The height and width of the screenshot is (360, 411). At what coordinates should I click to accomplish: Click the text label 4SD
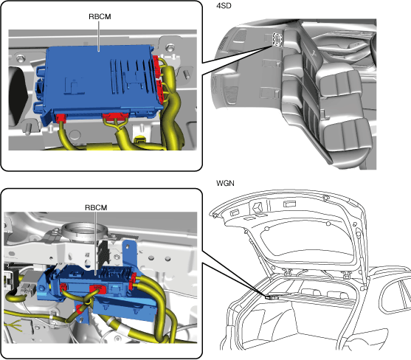click(224, 5)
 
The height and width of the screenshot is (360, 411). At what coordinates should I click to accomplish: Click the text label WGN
click(225, 183)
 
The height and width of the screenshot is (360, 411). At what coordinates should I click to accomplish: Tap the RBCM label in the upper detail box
click(100, 16)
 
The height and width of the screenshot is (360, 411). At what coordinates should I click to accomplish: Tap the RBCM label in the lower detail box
click(96, 207)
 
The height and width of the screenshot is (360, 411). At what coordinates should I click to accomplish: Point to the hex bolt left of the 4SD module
click(20, 58)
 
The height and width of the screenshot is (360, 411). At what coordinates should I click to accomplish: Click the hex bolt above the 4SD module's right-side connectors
click(170, 48)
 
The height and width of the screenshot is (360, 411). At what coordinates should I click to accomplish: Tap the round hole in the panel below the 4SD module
click(75, 134)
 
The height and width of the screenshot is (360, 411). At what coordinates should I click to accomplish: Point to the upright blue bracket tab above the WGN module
click(129, 252)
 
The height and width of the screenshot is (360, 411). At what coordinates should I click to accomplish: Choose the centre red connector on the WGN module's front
click(98, 288)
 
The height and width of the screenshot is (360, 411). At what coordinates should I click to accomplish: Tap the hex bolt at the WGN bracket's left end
click(42, 288)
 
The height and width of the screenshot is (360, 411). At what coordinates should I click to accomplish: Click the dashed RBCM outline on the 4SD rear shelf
click(277, 40)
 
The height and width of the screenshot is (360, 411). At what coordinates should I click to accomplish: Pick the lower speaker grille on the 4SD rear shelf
click(231, 95)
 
